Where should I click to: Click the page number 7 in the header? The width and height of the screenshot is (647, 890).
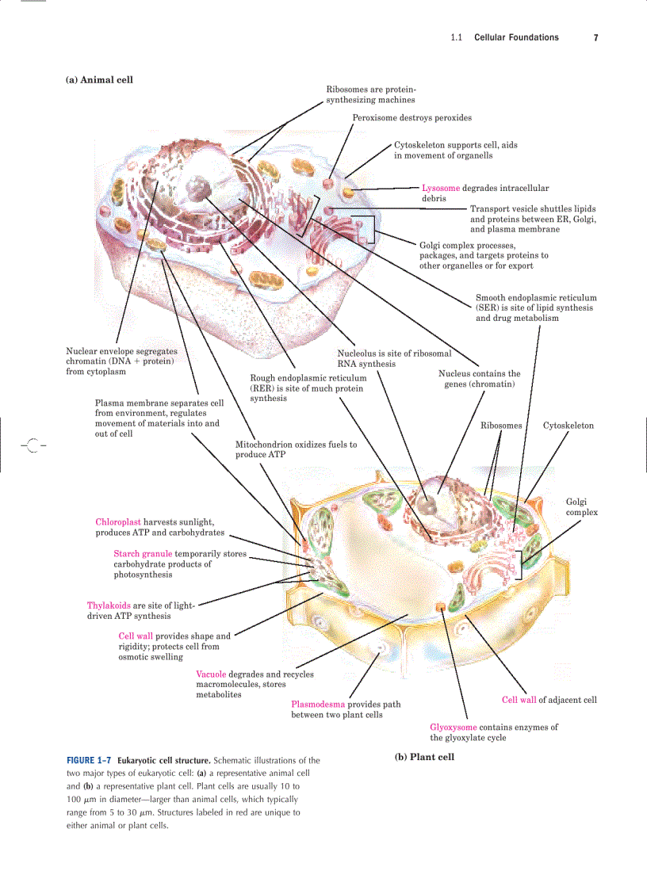[x=595, y=37]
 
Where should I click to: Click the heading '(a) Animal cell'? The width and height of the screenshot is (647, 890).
[x=99, y=79]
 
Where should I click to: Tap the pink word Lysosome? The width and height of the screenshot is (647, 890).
[x=440, y=189]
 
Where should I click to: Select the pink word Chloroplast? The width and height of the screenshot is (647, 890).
[x=118, y=522]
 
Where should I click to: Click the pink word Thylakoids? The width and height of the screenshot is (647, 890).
[x=109, y=605]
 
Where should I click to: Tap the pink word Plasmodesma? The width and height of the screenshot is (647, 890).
[x=317, y=704]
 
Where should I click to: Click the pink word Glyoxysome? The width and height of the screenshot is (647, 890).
[x=454, y=727]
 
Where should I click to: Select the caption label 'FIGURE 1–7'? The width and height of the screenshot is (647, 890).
[x=89, y=760]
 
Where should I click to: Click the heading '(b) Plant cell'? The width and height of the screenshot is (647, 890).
[x=424, y=757]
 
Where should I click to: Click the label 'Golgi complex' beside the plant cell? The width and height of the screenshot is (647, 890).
[x=581, y=506]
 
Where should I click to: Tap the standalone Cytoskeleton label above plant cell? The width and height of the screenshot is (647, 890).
[x=569, y=426]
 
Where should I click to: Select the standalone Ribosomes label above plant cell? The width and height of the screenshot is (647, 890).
[x=501, y=426]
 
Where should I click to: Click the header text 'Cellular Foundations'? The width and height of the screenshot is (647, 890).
[x=516, y=37]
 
